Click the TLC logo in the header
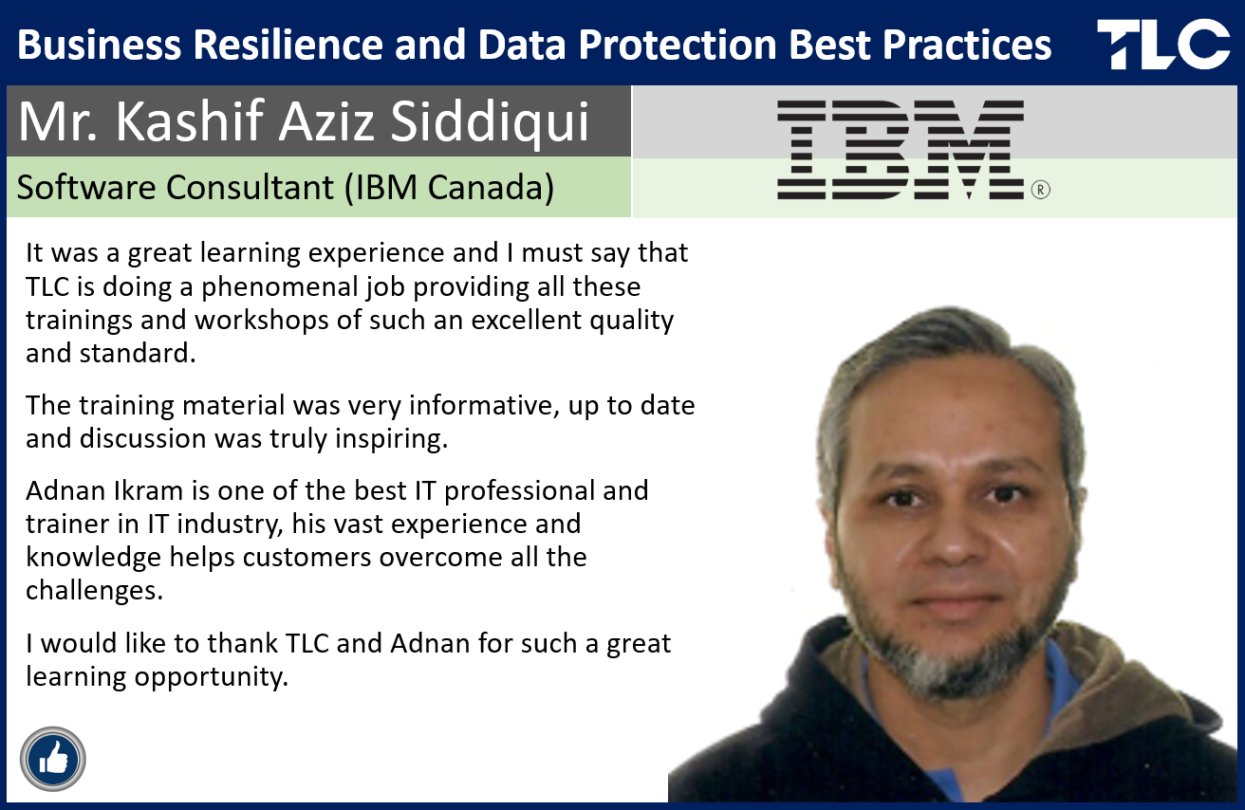tap(1163, 44)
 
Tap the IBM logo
tap(901, 150)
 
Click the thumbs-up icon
tap(53, 759)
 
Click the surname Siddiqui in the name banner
tap(490, 121)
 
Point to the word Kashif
tap(190, 120)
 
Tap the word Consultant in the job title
tap(251, 187)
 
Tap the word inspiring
tap(391, 440)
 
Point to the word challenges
tap(94, 590)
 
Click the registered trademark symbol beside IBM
tap(1040, 190)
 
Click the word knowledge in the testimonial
tap(93, 558)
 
